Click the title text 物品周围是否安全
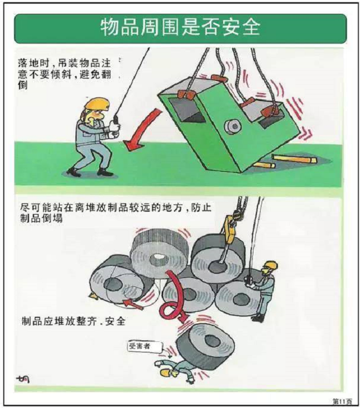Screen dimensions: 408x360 coord(180,28)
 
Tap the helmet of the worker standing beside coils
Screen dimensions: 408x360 coord(270,265)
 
